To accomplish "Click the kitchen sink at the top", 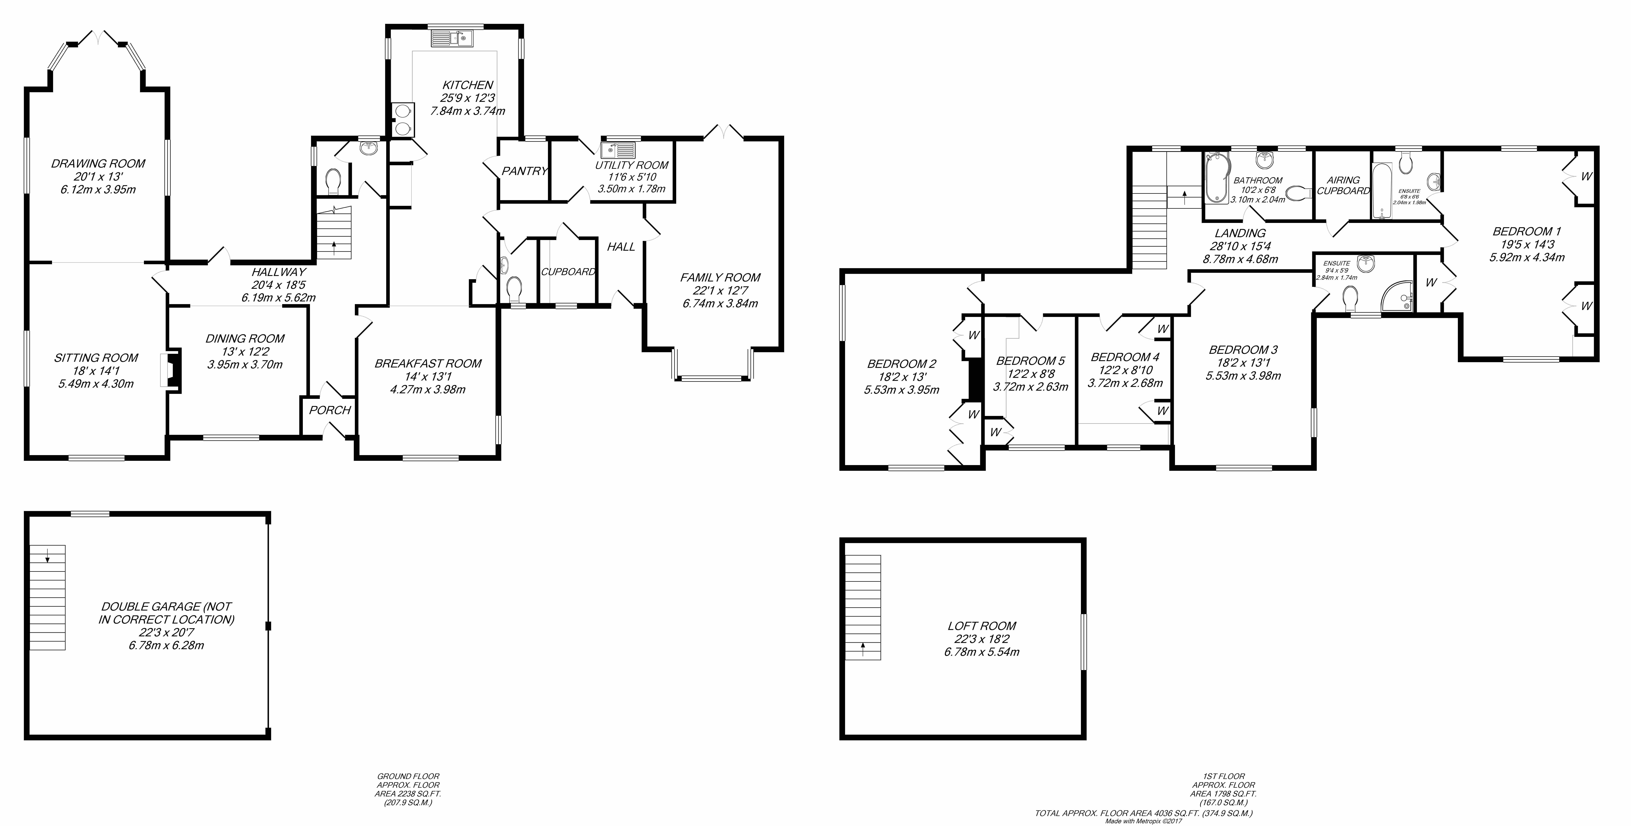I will (x=451, y=40).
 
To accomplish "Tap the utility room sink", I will (x=617, y=151).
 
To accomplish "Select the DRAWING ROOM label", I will (x=98, y=163).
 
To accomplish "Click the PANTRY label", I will (x=524, y=171).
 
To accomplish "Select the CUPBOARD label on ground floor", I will (x=568, y=272).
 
